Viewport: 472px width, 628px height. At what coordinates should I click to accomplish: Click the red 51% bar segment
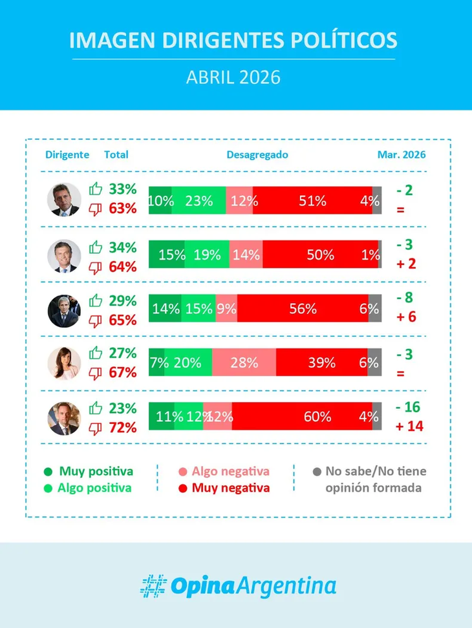pyautogui.click(x=312, y=200)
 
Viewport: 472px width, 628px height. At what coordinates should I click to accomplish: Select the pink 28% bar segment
pyautogui.click(x=244, y=362)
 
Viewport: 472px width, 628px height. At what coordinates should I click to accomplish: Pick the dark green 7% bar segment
pyautogui.click(x=156, y=362)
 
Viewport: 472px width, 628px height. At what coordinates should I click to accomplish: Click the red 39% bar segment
pyautogui.click(x=321, y=362)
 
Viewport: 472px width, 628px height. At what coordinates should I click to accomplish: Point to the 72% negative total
pyautogui.click(x=123, y=427)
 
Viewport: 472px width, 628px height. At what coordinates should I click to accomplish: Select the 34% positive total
pyautogui.click(x=123, y=247)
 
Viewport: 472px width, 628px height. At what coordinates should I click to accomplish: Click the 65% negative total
pyautogui.click(x=123, y=320)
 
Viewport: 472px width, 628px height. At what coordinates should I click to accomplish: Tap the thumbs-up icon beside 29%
pyautogui.click(x=96, y=300)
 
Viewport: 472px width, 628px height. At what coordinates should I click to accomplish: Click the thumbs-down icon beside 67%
pyautogui.click(x=96, y=373)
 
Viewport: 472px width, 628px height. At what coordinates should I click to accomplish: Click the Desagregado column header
pyautogui.click(x=257, y=155)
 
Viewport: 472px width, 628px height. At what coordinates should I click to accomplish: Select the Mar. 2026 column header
pyautogui.click(x=402, y=155)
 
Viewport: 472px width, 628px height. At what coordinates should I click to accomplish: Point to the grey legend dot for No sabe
pyautogui.click(x=316, y=472)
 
